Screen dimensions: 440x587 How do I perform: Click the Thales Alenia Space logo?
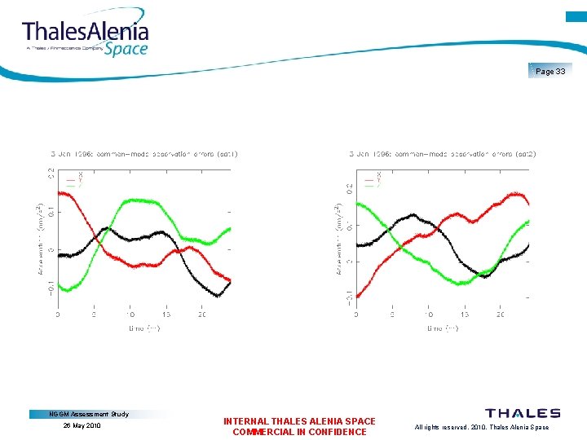86,37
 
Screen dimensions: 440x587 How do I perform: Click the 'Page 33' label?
550,72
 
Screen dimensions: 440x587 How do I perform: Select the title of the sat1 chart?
145,153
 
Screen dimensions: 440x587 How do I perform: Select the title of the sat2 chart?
443,153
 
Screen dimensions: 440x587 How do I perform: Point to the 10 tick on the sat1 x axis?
130,314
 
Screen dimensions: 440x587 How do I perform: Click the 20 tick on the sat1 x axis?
202,314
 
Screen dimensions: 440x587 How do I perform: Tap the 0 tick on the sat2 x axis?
355,314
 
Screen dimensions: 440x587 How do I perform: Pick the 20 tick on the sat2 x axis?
500,314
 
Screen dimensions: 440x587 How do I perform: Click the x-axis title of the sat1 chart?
144,328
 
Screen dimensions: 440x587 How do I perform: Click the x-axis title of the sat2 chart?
443,328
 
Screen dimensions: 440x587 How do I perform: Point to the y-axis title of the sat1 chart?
41,238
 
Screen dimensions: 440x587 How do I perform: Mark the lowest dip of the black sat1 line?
217,295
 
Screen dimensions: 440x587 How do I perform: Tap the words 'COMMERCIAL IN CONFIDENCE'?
299,432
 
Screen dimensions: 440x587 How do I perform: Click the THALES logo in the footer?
523,414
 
